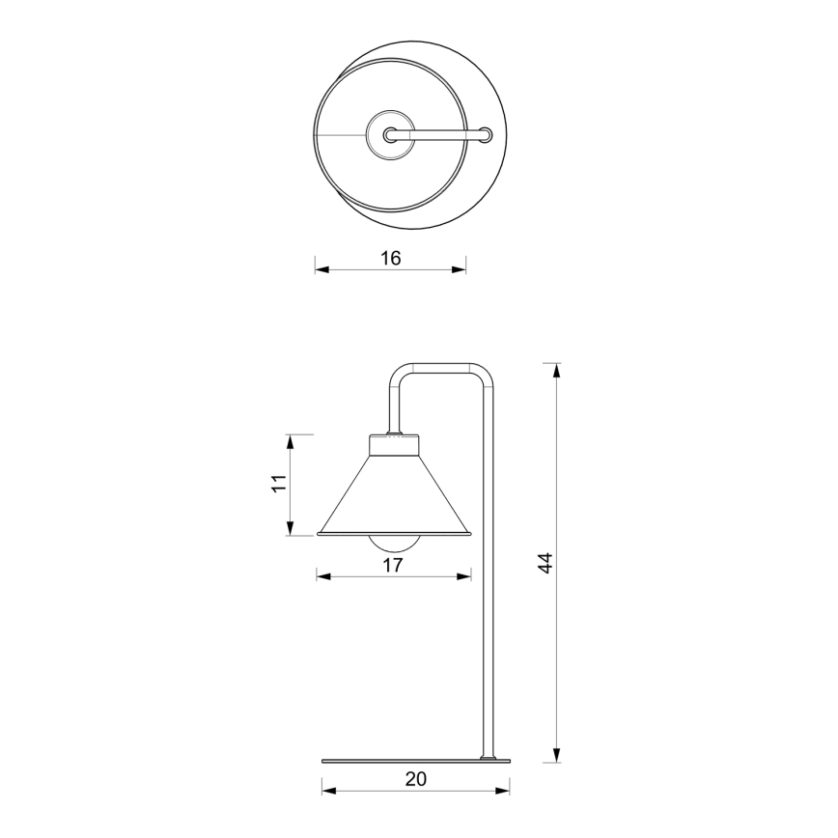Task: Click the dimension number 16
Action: pyautogui.click(x=390, y=258)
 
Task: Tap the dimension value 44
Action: pyautogui.click(x=545, y=563)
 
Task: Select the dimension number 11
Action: pyautogui.click(x=279, y=485)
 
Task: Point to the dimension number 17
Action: pyautogui.click(x=392, y=566)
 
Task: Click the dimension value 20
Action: pyautogui.click(x=415, y=779)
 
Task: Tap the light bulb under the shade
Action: pyautogui.click(x=394, y=542)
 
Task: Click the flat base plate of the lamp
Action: pyautogui.click(x=415, y=760)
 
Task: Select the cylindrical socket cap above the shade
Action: pyautogui.click(x=395, y=446)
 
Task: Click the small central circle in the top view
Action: pyautogui.click(x=390, y=135)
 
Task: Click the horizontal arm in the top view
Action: pyautogui.click(x=439, y=135)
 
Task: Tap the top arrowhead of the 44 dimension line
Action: pyautogui.click(x=555, y=368)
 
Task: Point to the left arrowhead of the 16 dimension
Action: pyautogui.click(x=321, y=270)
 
